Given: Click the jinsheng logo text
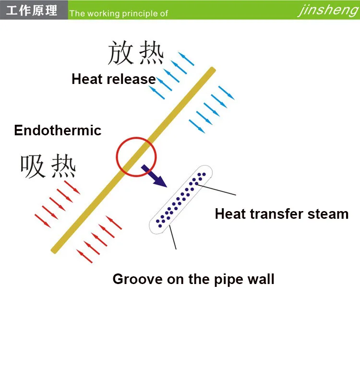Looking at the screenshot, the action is tap(328, 11).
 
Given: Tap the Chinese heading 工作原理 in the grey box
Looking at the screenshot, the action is tap(32, 11).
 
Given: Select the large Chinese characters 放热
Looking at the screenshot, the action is tap(136, 53).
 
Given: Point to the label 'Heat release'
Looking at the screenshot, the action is tap(114, 79).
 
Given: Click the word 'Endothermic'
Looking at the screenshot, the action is tap(58, 130).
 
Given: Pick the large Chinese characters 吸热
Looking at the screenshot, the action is tap(48, 166).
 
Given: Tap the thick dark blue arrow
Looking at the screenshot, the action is tap(154, 176).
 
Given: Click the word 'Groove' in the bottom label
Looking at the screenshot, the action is tap(138, 279).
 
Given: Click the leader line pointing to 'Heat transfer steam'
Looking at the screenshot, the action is tap(216, 189).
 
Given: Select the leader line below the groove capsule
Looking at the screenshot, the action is tap(173, 237).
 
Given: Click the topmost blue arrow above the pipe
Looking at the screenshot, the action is tap(186, 59).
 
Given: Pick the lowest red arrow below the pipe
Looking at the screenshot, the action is tap(84, 256).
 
